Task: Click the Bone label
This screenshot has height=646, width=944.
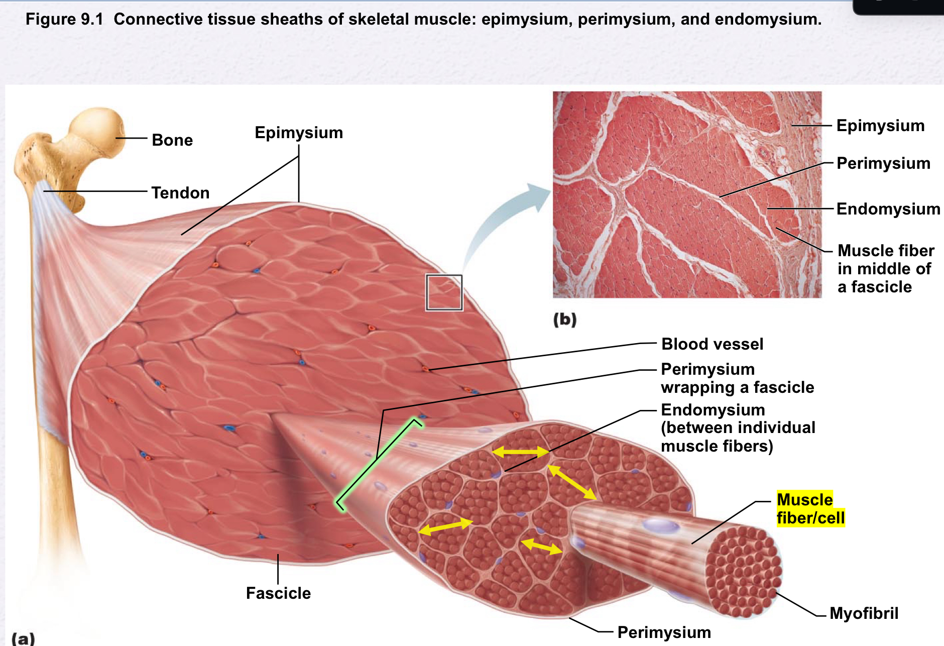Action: point(172,140)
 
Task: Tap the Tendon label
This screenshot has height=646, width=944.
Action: point(180,193)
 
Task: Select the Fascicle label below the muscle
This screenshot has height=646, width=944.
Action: point(278,593)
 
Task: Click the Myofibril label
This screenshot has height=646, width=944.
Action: point(864,613)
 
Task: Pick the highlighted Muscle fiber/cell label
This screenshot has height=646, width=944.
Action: point(810,509)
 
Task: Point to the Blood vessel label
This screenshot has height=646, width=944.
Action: point(712,344)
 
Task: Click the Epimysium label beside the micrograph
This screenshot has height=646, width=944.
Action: point(880,126)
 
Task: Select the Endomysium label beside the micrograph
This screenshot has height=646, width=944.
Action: point(888,209)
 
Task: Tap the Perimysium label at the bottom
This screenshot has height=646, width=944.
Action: point(664,632)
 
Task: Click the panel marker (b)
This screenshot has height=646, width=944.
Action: point(565,319)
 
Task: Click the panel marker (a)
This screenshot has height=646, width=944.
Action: point(23,638)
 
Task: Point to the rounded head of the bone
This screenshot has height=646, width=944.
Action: point(98,132)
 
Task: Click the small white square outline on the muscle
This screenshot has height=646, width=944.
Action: point(444,292)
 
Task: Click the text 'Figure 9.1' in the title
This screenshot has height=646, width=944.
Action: point(64,20)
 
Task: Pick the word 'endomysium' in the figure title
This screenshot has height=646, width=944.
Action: point(767,20)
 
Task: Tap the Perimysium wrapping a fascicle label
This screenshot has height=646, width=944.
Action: point(737,378)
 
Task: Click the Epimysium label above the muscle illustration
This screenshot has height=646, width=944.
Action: point(299,133)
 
